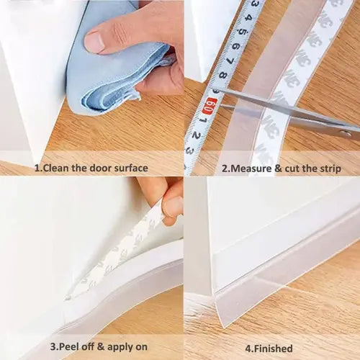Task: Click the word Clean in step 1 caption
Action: [x=55, y=168]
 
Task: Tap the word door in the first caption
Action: [x=102, y=168]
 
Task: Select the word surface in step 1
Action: [x=132, y=168]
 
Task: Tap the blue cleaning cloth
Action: [x=101, y=79]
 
